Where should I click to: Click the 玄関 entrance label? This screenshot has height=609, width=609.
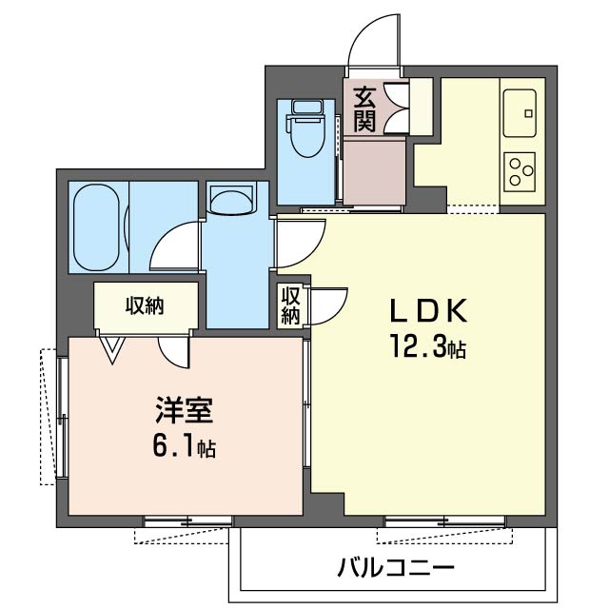pyautogui.click(x=364, y=110)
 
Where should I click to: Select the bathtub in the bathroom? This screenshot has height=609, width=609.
pyautogui.click(x=96, y=227)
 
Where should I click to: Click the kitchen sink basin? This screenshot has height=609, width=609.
pyautogui.click(x=520, y=113)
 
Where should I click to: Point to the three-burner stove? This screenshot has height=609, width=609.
pyautogui.click(x=520, y=171)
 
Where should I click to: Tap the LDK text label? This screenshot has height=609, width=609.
pyautogui.click(x=428, y=311)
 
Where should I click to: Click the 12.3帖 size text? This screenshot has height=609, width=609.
pyautogui.click(x=428, y=345)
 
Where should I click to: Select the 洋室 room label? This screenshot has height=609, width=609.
pyautogui.click(x=184, y=410)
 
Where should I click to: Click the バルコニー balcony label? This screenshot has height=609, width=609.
pyautogui.click(x=396, y=569)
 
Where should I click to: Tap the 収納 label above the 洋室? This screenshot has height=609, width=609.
pyautogui.click(x=145, y=306)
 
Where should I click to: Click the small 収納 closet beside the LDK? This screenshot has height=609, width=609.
pyautogui.click(x=291, y=305)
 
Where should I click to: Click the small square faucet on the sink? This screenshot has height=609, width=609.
pyautogui.click(x=528, y=114)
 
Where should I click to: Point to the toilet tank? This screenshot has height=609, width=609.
pyautogui.click(x=308, y=107)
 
